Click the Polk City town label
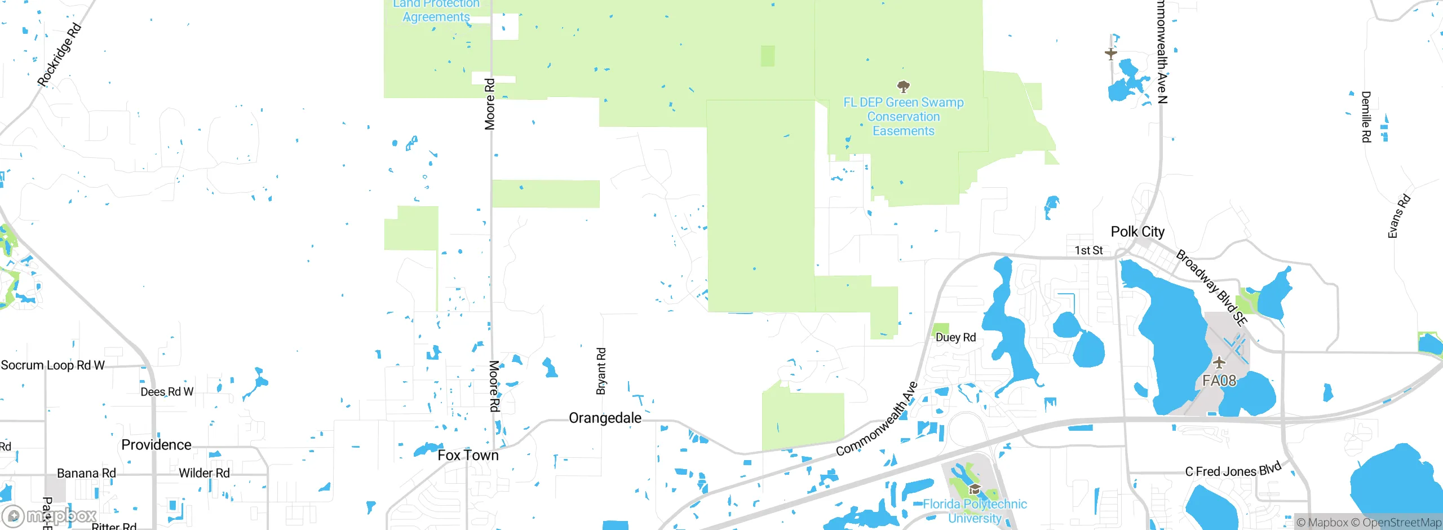[1137, 232]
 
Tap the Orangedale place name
[605, 418]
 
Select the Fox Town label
[468, 455]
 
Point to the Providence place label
[156, 445]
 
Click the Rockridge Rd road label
[59, 55]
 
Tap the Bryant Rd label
[601, 371]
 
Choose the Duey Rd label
[955, 337]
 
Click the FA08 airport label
[1219, 381]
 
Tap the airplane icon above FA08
[1219, 362]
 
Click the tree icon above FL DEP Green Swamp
[903, 86]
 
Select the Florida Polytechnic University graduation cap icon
[975, 489]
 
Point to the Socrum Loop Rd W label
[52, 365]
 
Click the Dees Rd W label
[167, 392]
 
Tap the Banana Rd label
[86, 473]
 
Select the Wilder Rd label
[204, 473]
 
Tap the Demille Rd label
[1366, 117]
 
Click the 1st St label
[1088, 250]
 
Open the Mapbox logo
[50, 515]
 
